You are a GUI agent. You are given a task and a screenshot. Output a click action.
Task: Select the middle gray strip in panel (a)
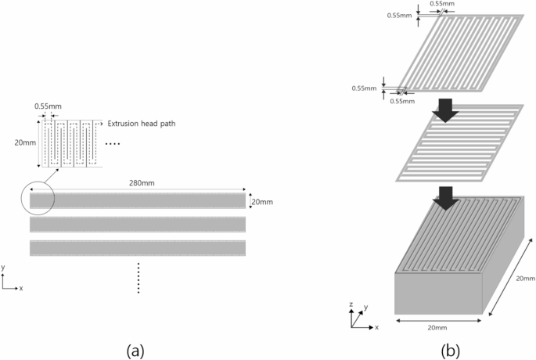pyautogui.click(x=138, y=225)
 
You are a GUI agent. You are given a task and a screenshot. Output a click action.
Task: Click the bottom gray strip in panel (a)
pyautogui.click(x=138, y=249)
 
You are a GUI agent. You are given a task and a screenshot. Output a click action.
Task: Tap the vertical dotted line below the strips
pyautogui.click(x=138, y=278)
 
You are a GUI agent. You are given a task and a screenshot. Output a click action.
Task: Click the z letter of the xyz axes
pyautogui.click(x=352, y=302)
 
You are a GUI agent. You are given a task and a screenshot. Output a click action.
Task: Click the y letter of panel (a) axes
pyautogui.click(x=4, y=267)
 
